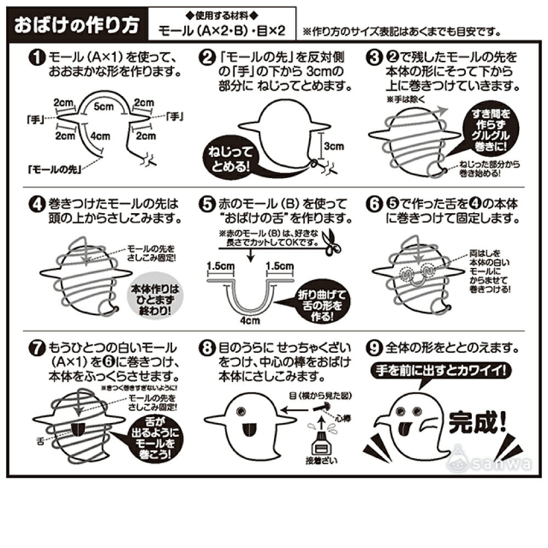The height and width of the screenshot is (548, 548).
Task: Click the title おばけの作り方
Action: click(x=77, y=25)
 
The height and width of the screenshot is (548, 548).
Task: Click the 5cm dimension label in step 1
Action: click(x=100, y=107)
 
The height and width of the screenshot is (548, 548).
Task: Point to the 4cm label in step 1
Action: click(x=99, y=135)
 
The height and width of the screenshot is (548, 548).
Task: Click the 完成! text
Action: click(x=478, y=422)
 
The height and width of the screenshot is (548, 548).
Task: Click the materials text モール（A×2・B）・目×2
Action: click(x=222, y=31)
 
